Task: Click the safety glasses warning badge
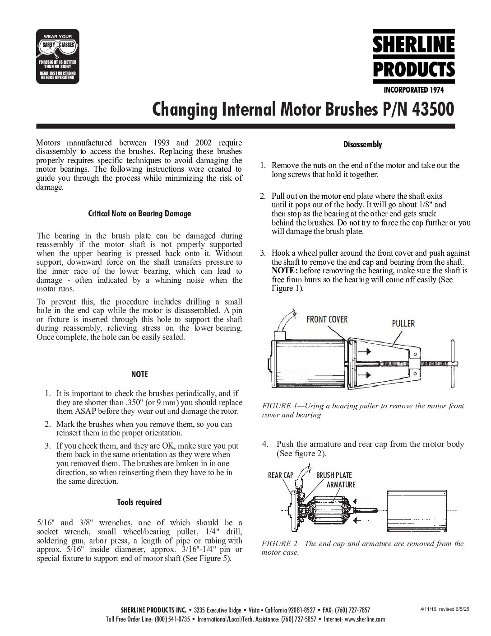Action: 57,56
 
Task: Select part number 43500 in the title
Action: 431,109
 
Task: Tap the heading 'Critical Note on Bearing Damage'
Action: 139,214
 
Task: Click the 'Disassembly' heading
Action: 362,145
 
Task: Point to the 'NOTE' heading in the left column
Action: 139,374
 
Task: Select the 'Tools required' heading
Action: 139,502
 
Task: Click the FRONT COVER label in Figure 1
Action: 327,319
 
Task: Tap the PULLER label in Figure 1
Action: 403,323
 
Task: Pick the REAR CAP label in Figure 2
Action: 281,475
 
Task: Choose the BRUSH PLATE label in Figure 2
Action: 334,475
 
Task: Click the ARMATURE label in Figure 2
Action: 341,485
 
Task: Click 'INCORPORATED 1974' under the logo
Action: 413,90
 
